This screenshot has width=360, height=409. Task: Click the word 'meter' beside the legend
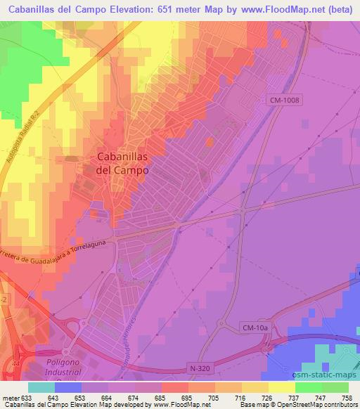(x=11, y=396)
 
